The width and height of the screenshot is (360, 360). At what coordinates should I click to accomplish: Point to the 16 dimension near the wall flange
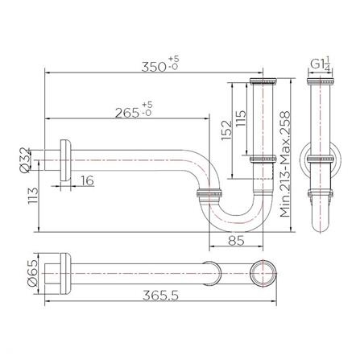(x=87, y=182)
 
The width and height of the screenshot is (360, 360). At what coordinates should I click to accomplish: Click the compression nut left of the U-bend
(x=210, y=195)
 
